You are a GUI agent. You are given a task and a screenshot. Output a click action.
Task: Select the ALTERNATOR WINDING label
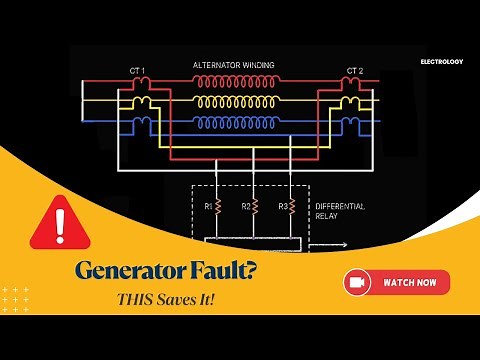click(x=235, y=66)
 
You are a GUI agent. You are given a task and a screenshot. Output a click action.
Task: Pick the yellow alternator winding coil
click(x=234, y=103)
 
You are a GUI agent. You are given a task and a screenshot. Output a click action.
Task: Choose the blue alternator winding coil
click(x=234, y=123)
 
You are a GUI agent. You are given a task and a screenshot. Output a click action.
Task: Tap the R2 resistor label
click(x=245, y=206)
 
